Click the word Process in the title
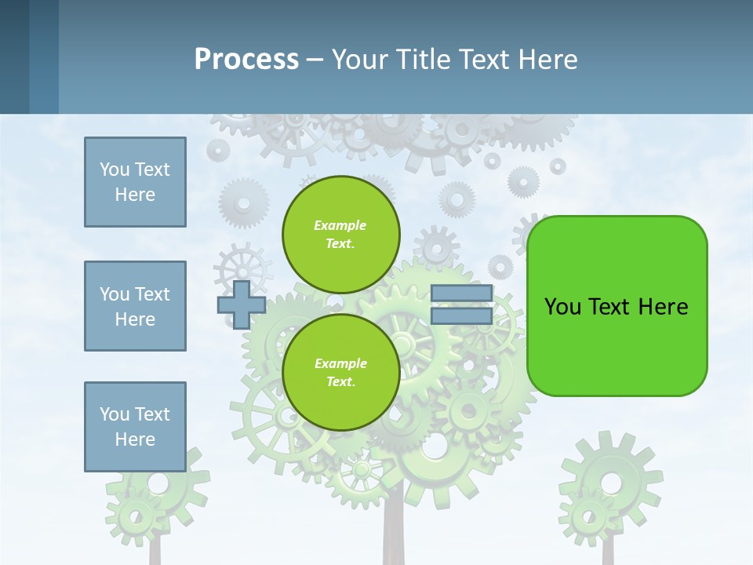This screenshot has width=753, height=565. (x=246, y=59)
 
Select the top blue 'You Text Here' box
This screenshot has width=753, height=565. (x=135, y=182)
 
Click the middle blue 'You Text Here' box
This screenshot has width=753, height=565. (x=135, y=306)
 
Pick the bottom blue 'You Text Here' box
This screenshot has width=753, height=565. (x=135, y=427)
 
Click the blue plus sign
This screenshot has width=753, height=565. (x=242, y=304)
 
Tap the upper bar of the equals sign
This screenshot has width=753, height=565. (x=461, y=293)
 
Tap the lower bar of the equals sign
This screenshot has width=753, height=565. (x=461, y=316)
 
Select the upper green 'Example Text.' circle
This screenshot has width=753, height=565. (x=340, y=234)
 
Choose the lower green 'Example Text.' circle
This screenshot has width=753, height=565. (x=340, y=372)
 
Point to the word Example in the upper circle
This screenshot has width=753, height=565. (x=340, y=225)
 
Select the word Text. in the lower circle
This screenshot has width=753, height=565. (x=340, y=381)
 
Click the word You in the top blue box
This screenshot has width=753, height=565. (x=115, y=169)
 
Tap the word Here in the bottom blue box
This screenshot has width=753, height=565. (x=135, y=439)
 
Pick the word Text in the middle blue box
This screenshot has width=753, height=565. (x=152, y=294)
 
